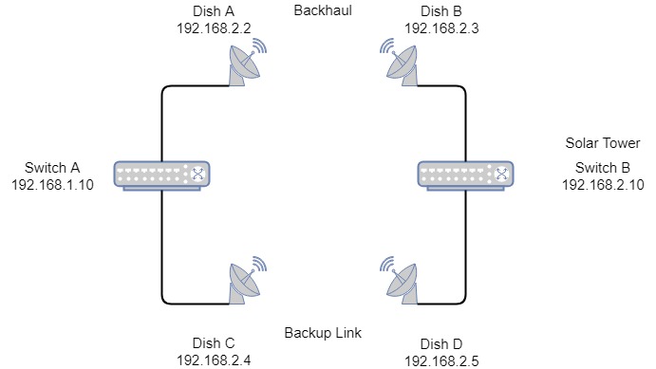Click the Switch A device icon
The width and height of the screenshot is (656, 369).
162,175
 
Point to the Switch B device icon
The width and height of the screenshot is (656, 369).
465,175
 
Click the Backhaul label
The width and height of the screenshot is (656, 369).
323,10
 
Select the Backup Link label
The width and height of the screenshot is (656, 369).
323,333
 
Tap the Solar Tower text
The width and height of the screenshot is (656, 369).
603,143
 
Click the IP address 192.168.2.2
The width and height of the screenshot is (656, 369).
214,28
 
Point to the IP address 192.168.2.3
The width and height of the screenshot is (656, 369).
441,28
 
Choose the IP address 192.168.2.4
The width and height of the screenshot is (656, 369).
214,360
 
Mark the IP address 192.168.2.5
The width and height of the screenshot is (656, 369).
441,361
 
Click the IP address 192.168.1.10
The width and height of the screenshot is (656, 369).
53,185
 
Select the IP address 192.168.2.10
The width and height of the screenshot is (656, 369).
603,185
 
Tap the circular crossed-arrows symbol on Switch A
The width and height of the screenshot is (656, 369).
197,174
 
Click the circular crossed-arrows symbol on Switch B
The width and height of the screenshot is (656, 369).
501,174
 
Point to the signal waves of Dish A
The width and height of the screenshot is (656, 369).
260,46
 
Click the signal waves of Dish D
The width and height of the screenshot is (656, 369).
387,264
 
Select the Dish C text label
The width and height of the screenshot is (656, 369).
214,343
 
